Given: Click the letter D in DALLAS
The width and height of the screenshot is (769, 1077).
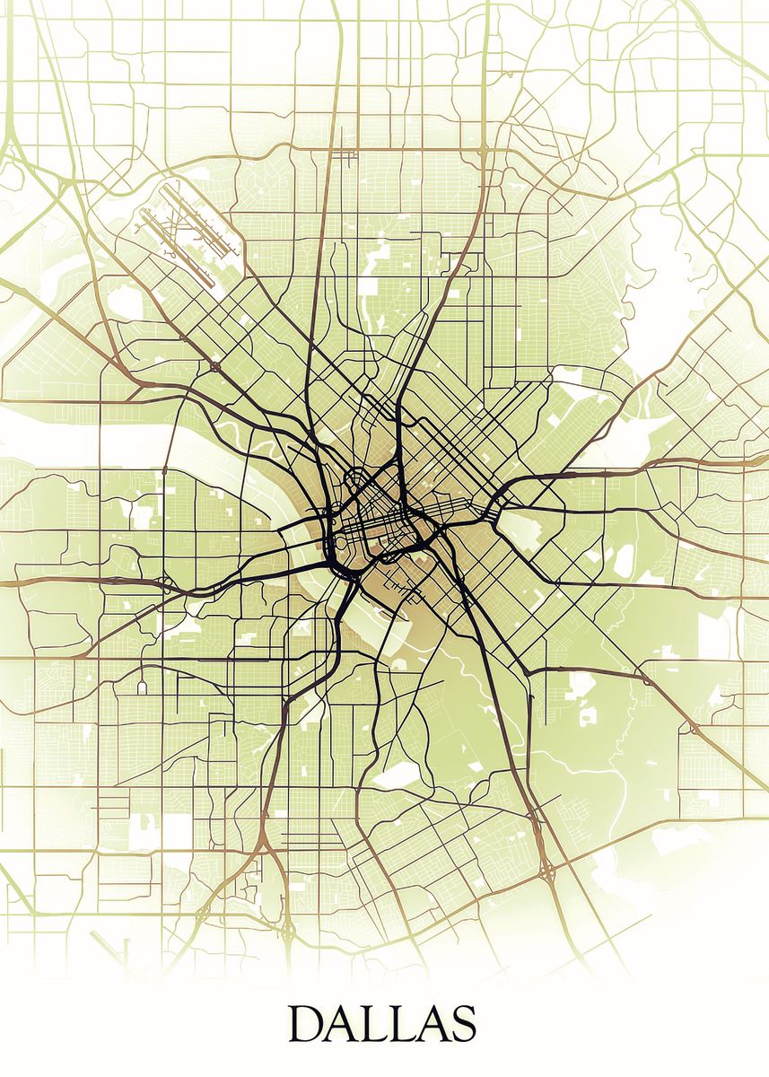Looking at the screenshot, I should point(308,1024).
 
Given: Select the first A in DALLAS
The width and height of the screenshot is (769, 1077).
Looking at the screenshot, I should point(344,1024).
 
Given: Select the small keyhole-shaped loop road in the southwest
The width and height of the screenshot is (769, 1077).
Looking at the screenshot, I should point(142,687).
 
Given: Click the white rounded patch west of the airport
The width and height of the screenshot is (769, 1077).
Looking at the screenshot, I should point(126,305).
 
